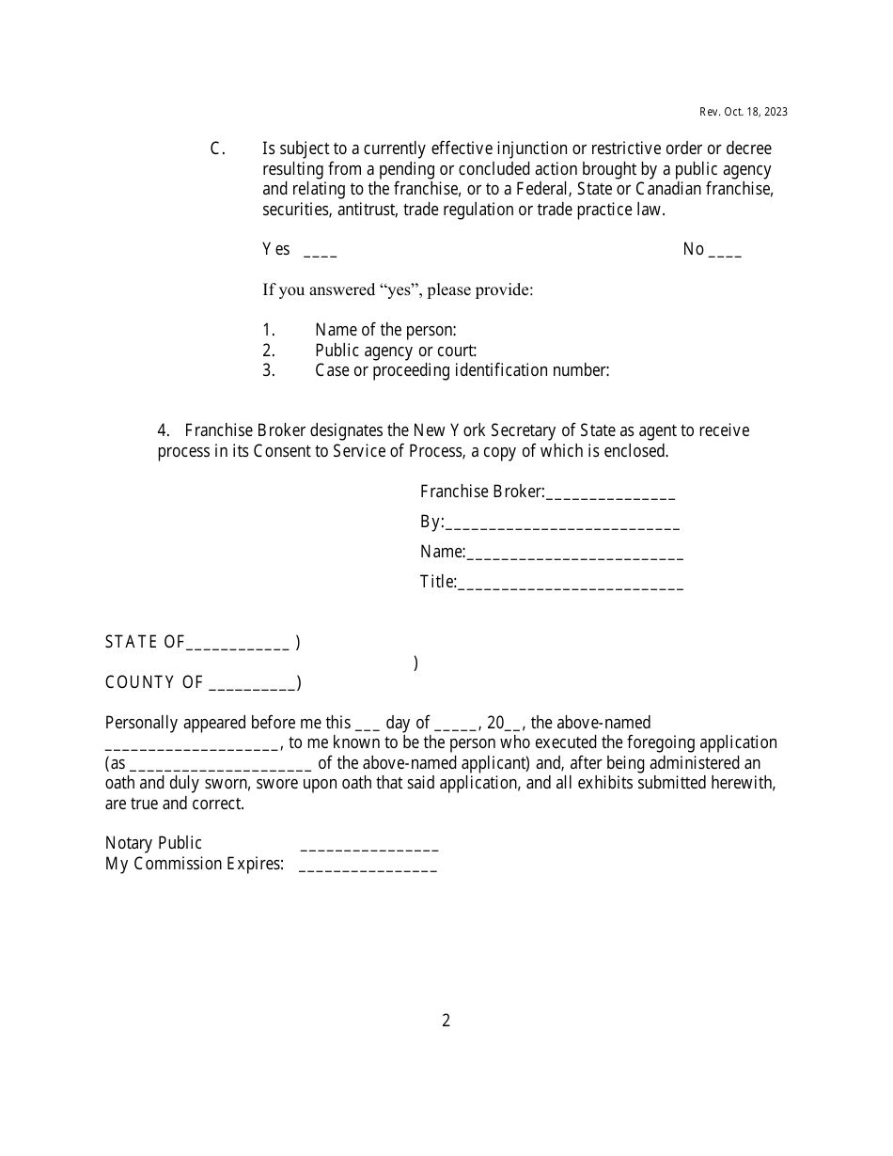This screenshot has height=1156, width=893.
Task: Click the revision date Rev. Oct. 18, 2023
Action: pyautogui.click(x=743, y=112)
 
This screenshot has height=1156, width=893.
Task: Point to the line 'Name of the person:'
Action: pyautogui.click(x=385, y=330)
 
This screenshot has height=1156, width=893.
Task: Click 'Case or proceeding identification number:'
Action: pyautogui.click(x=462, y=370)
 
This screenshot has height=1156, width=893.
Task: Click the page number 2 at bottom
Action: pyautogui.click(x=446, y=1021)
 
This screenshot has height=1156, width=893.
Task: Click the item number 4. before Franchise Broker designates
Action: pyautogui.click(x=164, y=430)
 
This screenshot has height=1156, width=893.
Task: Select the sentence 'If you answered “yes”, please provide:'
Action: pyautogui.click(x=398, y=289)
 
